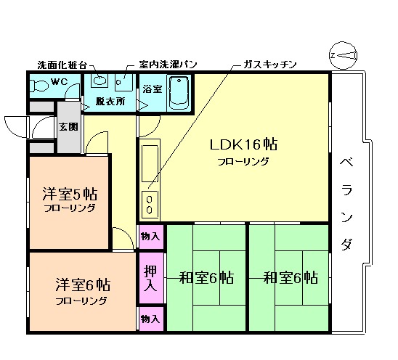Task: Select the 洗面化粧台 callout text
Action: pos(62,65)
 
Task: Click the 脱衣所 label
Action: pos(110,102)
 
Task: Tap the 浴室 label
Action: pos(152,89)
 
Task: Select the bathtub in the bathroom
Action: pos(177,93)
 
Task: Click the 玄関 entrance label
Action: pos(69,127)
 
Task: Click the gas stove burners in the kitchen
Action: pos(150,204)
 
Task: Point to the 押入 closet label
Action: pos(150,277)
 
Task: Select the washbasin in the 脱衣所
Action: pos(101,80)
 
